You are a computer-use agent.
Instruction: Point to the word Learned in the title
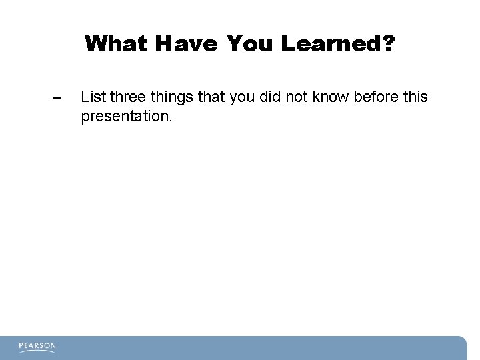(x=330, y=45)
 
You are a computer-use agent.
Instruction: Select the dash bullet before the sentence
(x=57, y=99)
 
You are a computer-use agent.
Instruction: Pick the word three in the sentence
(x=126, y=97)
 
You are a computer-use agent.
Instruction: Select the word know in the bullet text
(x=331, y=97)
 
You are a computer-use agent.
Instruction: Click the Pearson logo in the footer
(x=37, y=347)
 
